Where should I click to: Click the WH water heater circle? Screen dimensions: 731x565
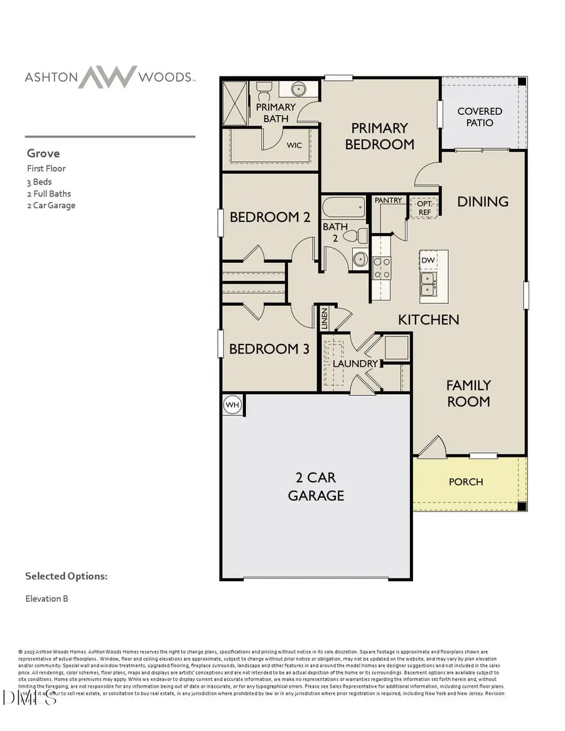pyautogui.click(x=233, y=405)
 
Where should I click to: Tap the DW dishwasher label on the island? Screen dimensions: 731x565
pyautogui.click(x=428, y=260)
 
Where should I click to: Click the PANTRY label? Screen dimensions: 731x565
pyautogui.click(x=388, y=200)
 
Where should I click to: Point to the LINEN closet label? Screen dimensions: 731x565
pyautogui.click(x=325, y=319)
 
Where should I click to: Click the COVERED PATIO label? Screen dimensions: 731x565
pyautogui.click(x=480, y=117)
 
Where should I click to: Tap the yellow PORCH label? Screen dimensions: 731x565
pyautogui.click(x=466, y=482)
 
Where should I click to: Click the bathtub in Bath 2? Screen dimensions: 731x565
pyautogui.click(x=343, y=207)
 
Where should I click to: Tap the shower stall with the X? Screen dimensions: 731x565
pyautogui.click(x=236, y=104)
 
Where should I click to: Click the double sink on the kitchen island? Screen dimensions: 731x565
pyautogui.click(x=428, y=283)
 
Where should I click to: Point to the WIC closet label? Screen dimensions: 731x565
pyautogui.click(x=294, y=145)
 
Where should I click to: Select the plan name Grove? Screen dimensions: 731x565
pyautogui.click(x=43, y=153)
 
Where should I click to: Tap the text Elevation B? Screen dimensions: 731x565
pyautogui.click(x=46, y=599)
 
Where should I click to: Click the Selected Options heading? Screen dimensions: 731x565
pyautogui.click(x=66, y=576)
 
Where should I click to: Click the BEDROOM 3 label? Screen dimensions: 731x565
pyautogui.click(x=269, y=349)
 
